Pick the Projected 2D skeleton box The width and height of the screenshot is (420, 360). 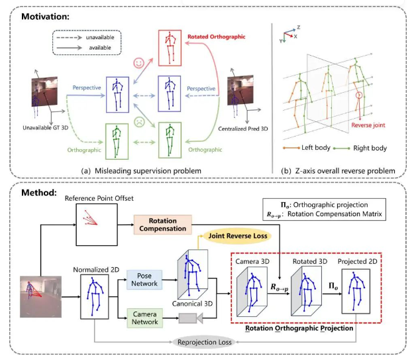[x=362, y=289]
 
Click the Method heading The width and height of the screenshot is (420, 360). [x=35, y=189]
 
